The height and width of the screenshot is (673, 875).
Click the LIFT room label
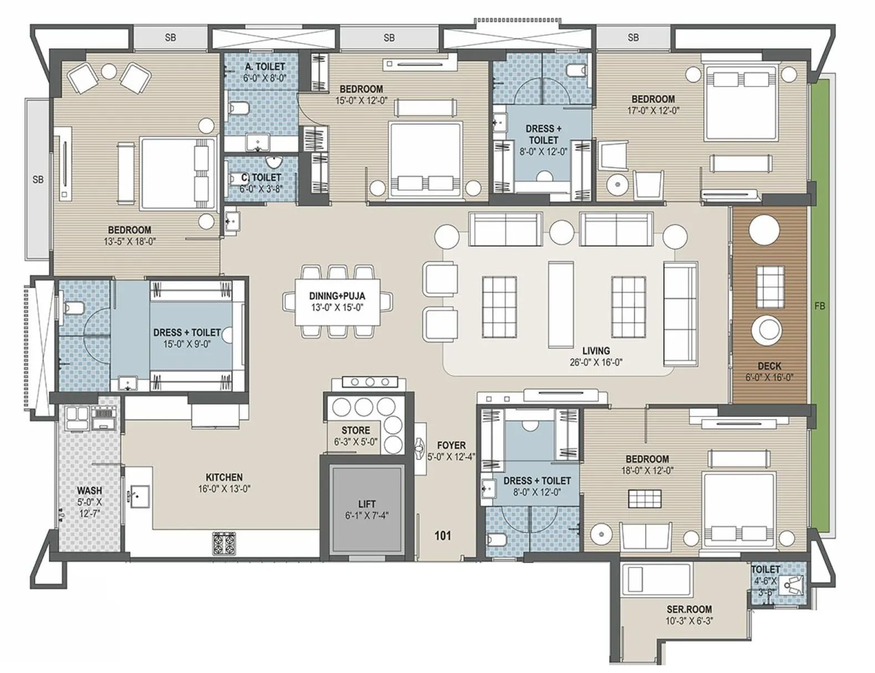tap(366, 504)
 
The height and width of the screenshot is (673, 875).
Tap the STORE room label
tap(356, 430)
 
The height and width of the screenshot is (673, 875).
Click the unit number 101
tap(442, 536)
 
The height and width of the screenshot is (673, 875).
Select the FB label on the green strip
tap(820, 305)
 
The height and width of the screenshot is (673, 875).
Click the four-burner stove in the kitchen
tap(224, 543)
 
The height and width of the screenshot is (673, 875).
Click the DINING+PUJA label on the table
tap(337, 296)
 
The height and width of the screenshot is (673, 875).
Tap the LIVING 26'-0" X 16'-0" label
tap(595, 356)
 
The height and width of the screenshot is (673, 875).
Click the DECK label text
tap(769, 366)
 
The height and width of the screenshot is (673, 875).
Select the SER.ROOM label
tap(689, 609)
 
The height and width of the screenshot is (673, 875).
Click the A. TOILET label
tap(265, 67)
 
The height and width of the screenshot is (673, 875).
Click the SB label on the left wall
tap(38, 179)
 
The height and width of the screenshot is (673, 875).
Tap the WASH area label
tap(89, 490)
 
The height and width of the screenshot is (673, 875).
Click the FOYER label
tap(451, 445)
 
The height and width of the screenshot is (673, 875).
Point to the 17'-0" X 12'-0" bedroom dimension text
tap(653, 111)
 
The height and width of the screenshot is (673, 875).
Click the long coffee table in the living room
tap(560, 304)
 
